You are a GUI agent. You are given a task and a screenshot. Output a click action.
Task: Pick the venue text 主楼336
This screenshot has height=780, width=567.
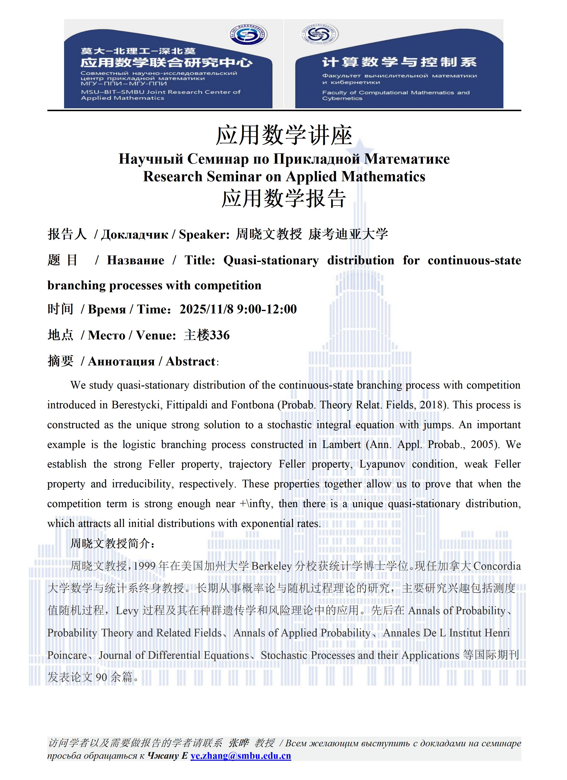[x=207, y=335]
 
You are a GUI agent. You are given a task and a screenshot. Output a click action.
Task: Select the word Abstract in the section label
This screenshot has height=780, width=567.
[x=191, y=361]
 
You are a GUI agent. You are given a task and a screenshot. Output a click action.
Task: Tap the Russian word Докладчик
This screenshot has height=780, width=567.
[x=134, y=234]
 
